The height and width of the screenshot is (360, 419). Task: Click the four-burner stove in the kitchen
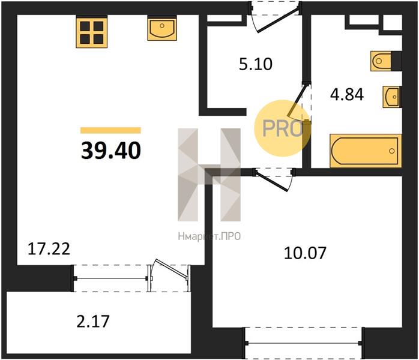pyautogui.click(x=92, y=33)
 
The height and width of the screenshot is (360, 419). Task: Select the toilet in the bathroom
pyautogui.click(x=381, y=61)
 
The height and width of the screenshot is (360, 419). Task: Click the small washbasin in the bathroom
pyautogui.click(x=391, y=97)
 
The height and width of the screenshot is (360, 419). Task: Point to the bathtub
pyautogui.click(x=366, y=151)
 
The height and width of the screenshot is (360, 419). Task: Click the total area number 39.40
pyautogui.click(x=111, y=151)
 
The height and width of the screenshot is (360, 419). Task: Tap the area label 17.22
pyautogui.click(x=49, y=249)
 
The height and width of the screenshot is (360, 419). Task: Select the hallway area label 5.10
pyautogui.click(x=256, y=64)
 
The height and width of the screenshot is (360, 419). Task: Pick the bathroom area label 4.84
pyautogui.click(x=347, y=95)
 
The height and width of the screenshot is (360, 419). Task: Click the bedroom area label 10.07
pyautogui.click(x=305, y=253)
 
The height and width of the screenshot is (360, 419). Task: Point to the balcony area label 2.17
pyautogui.click(x=93, y=321)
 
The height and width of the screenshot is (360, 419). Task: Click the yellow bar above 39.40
pyautogui.click(x=110, y=130)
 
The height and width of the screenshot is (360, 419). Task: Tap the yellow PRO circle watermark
pyautogui.click(x=283, y=128)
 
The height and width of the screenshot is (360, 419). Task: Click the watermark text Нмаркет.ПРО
pyautogui.click(x=209, y=236)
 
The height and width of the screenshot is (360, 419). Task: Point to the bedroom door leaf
pyautogui.click(x=271, y=181)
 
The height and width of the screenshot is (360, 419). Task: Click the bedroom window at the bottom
pyautogui.click(x=304, y=343)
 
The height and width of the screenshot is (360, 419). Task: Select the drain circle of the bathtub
pyautogui.click(x=392, y=151)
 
